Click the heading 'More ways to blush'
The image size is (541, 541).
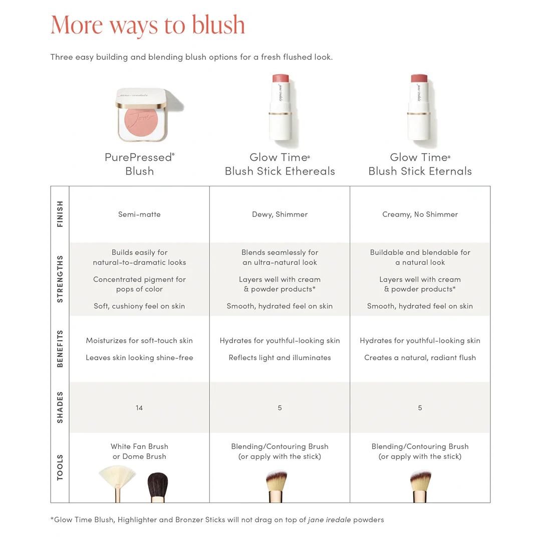(148, 25)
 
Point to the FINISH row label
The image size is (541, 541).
(60, 214)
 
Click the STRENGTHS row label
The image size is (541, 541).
(60, 279)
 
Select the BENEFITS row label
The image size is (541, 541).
(60, 349)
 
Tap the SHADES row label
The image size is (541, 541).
(60, 407)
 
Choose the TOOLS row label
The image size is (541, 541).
(60, 467)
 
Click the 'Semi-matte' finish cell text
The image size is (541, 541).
(139, 214)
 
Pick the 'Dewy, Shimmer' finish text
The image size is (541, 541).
(280, 214)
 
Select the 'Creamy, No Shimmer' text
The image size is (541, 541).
(420, 214)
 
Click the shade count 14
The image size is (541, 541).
(139, 408)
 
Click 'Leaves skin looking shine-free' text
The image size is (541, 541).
(139, 358)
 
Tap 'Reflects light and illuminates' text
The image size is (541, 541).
(280, 358)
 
